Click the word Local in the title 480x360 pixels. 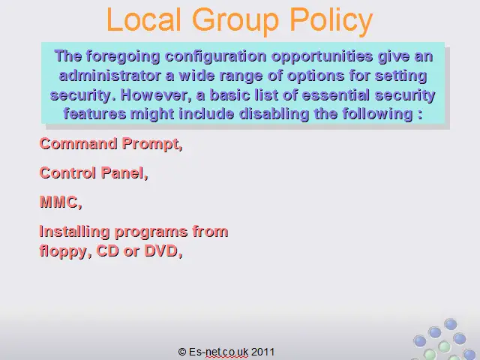click(x=143, y=19)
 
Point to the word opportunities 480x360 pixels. click(x=322, y=57)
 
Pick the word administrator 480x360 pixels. click(x=110, y=75)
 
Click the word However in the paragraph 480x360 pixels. click(x=156, y=95)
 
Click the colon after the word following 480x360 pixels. click(x=419, y=115)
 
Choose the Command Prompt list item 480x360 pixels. click(x=111, y=144)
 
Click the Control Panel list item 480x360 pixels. click(x=94, y=173)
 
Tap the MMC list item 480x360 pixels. click(x=61, y=202)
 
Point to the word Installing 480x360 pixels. click(x=74, y=232)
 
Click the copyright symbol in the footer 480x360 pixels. click(x=182, y=352)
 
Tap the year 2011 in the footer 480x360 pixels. click(x=262, y=352)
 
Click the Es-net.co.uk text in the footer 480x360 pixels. click(x=218, y=352)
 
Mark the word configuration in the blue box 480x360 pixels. click(x=216, y=57)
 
